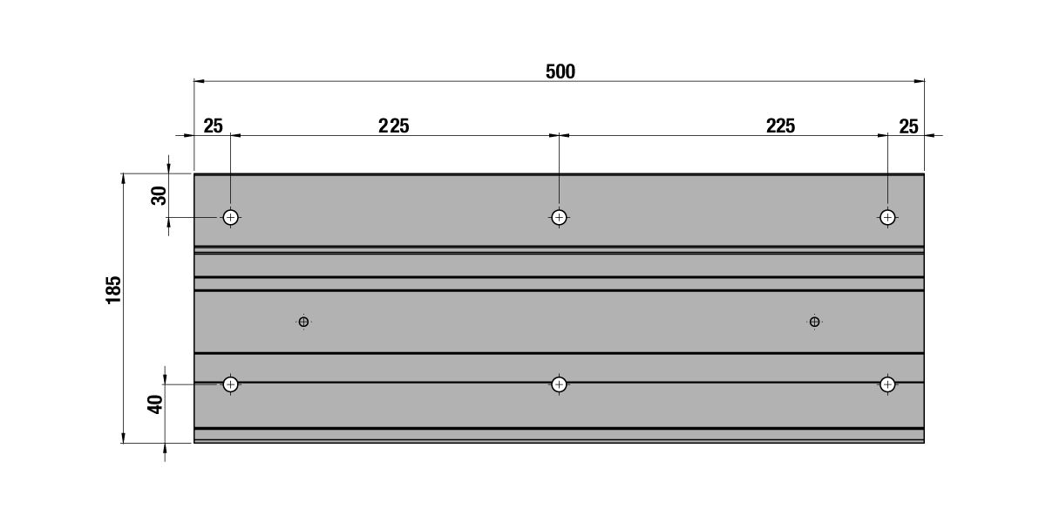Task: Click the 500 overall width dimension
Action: [560, 71]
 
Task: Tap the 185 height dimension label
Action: [113, 290]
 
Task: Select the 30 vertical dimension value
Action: [159, 195]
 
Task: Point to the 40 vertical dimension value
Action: [155, 404]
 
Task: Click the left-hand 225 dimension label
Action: [394, 126]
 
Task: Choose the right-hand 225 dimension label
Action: [780, 126]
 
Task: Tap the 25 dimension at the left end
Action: [213, 126]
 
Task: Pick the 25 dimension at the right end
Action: [908, 126]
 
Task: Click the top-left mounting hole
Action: [231, 218]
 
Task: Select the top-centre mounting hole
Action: [559, 218]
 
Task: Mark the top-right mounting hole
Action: [887, 218]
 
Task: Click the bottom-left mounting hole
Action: [231, 384]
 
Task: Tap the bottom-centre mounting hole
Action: [559, 384]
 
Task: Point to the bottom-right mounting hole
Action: [887, 384]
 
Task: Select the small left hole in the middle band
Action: [303, 322]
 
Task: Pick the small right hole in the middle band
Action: [814, 322]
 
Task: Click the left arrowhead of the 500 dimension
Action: [200, 81]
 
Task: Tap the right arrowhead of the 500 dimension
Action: [919, 81]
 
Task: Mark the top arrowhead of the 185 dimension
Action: [124, 180]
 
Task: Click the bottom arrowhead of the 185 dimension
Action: [124, 438]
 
